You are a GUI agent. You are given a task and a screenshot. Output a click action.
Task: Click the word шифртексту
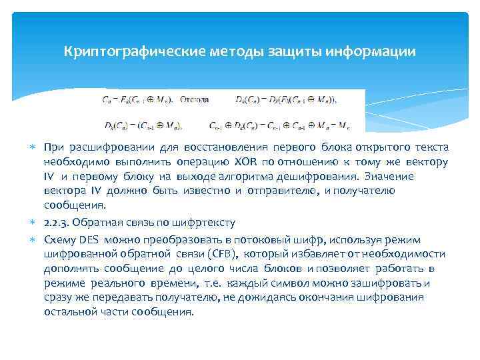click(x=204, y=222)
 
